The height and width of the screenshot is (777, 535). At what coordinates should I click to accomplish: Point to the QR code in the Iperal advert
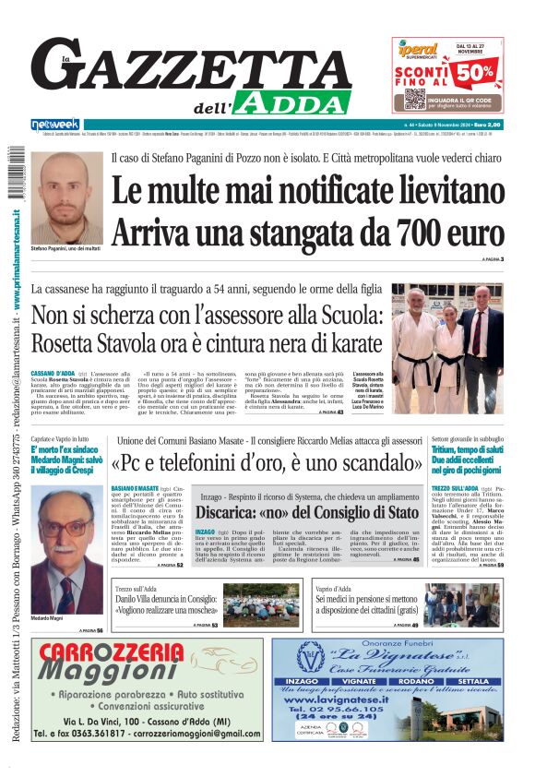coord(415,99)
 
